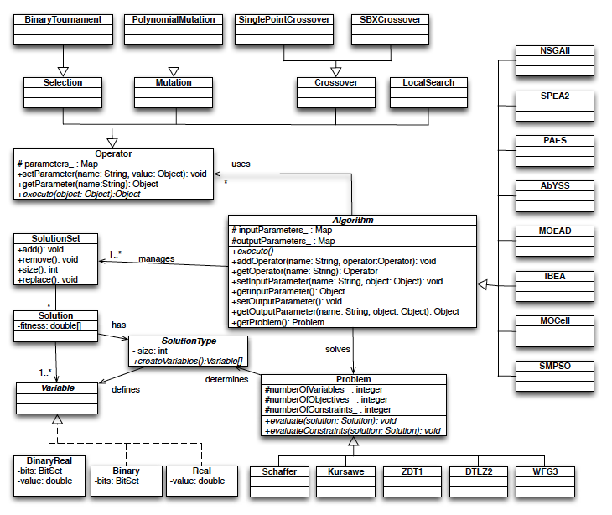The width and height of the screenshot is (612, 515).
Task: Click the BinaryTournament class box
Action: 64,29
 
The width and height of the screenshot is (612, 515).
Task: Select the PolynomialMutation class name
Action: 174,19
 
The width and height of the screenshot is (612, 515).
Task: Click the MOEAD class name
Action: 555,231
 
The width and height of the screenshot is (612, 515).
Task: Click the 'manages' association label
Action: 157,259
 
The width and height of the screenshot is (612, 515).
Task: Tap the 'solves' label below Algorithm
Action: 339,348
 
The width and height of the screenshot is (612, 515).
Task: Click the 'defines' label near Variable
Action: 125,389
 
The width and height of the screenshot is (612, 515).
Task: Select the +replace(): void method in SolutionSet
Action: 47,279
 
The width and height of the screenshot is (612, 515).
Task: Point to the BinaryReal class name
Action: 49,460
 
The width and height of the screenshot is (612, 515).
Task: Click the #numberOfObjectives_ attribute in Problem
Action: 327,400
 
